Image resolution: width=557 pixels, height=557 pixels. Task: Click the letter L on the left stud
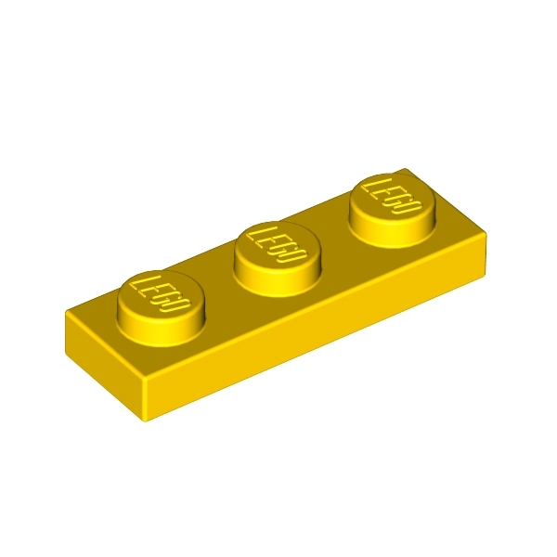[140, 281]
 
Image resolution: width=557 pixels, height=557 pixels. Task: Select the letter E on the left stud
[149, 289]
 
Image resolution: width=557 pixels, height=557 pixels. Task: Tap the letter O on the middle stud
[291, 253]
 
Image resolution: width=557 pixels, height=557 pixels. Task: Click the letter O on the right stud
[407, 206]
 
